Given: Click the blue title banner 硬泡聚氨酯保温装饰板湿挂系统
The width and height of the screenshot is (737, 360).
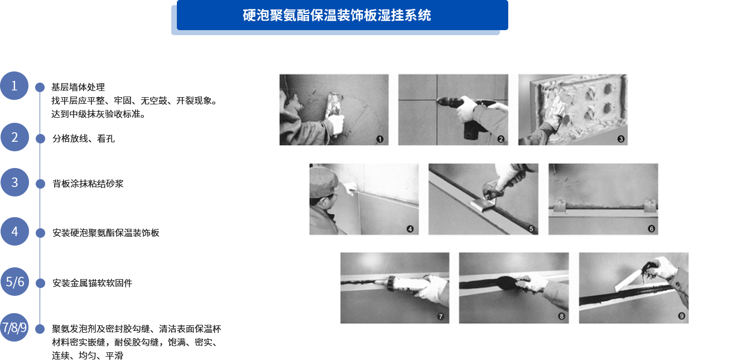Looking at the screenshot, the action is coord(342,15).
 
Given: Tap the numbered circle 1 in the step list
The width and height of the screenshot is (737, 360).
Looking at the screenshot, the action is coord(14,85).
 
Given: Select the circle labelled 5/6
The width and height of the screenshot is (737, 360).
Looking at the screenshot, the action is coord(15,282).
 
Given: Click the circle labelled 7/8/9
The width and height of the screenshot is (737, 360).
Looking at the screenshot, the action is coord(14,328).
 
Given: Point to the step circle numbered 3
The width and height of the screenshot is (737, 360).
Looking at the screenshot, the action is coord(15,183).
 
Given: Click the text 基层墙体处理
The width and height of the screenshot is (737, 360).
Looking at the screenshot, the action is coord(78,87).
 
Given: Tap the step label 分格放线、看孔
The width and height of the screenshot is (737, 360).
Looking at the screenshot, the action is coord(84,138).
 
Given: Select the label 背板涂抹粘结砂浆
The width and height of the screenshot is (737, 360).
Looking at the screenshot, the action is coord(88,184).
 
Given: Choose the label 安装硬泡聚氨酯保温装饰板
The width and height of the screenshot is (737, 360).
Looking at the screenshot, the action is coord(105,233).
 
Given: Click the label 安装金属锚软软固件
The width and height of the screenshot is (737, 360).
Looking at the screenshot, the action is coord(92,283).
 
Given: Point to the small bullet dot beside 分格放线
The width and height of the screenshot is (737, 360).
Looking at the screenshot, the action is coord(40,139).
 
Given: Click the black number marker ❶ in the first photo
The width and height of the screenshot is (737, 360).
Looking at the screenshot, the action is coord(380,139).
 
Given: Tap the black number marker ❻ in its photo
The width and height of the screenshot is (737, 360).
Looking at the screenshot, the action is coord(651,229).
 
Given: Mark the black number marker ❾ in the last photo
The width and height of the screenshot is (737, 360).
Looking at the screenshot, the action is coord(681,316).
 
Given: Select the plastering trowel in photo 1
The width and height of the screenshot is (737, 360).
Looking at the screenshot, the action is coord(333,105).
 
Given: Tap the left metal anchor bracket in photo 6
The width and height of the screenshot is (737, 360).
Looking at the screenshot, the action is coord(560,207).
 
